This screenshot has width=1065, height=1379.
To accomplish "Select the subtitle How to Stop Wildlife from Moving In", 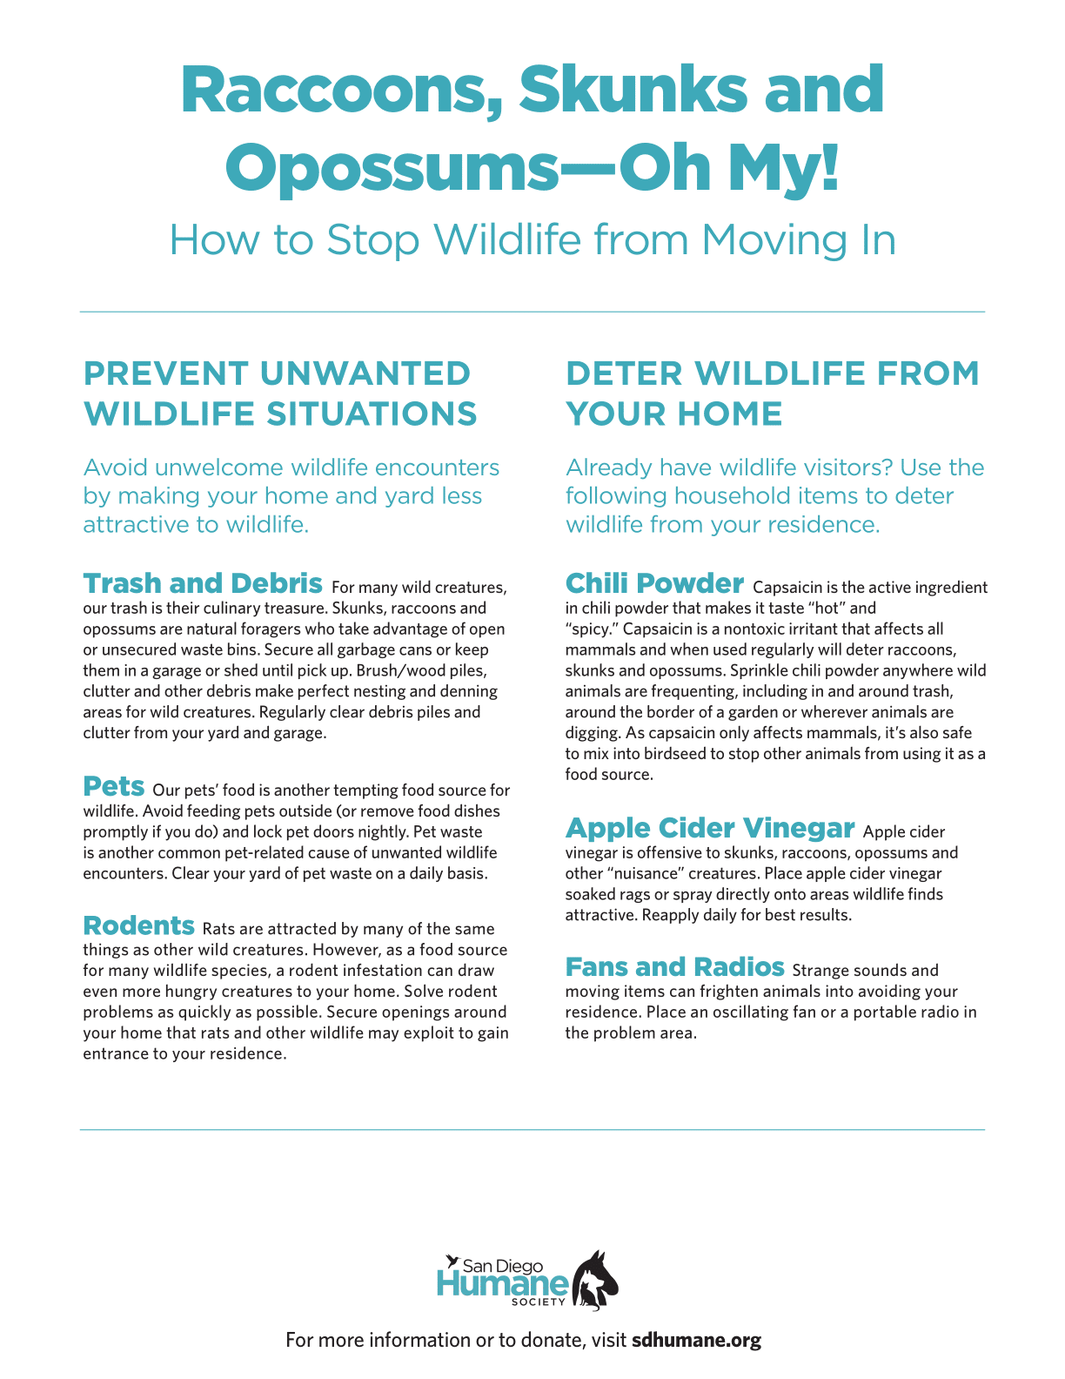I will [532, 240].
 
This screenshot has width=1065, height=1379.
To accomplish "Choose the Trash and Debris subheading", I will [203, 582].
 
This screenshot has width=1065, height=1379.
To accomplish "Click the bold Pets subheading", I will [114, 786].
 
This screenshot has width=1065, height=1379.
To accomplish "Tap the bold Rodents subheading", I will [139, 925].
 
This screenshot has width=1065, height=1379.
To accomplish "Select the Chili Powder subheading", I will [654, 582].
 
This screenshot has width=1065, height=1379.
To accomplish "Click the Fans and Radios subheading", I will [675, 966].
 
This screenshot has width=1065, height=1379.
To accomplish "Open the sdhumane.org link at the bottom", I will [696, 1340].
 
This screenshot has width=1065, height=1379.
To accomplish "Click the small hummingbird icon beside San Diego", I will [451, 1261].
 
